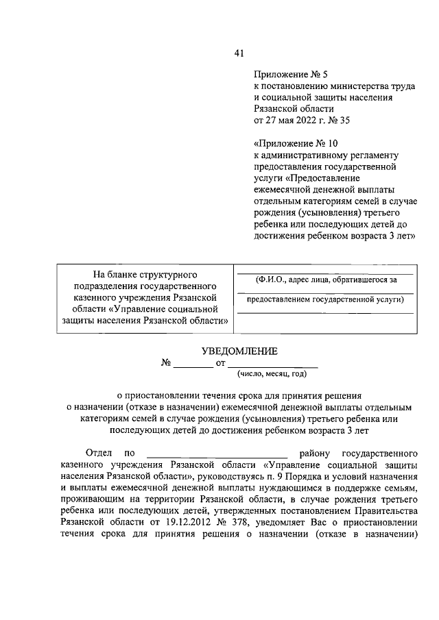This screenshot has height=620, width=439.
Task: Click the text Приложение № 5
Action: coord(285,73)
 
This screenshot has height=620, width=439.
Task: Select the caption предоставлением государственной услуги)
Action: coord(325,299)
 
